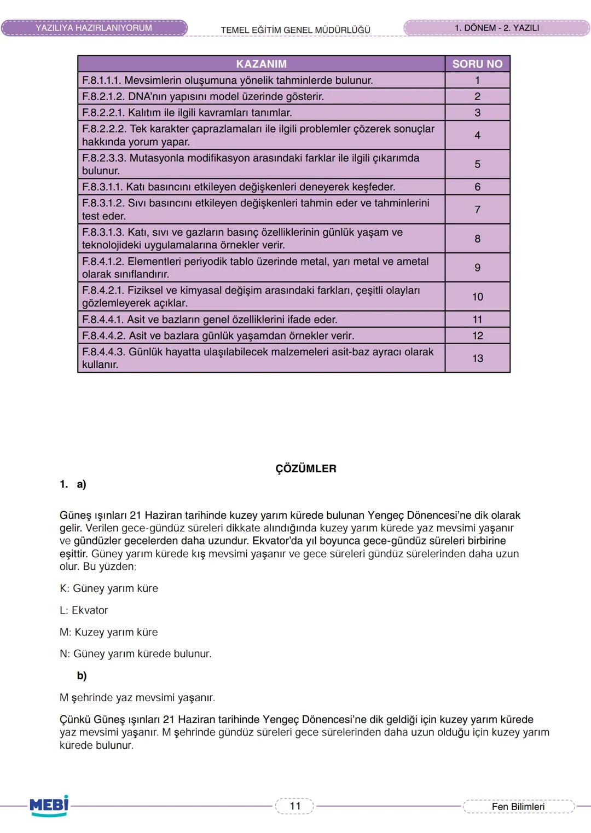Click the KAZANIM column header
261,64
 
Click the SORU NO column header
477,64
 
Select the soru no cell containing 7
477,210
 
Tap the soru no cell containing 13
477,358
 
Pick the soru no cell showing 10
477,297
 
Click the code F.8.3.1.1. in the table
102,187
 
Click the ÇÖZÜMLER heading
305,469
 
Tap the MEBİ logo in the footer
49,806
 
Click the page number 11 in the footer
295,806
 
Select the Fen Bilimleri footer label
518,807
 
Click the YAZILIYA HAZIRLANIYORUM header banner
94,28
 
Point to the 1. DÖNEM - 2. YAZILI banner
496,28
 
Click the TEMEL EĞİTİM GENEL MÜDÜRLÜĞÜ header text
296,30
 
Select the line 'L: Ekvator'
84,610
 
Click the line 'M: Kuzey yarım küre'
108,632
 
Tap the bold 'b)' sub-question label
82,676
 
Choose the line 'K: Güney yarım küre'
108,588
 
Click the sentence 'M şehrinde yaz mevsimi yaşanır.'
137,698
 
